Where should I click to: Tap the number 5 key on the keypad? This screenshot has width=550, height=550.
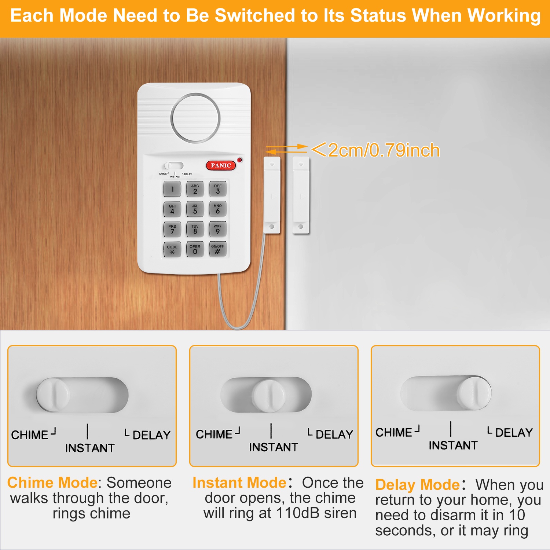(195, 209)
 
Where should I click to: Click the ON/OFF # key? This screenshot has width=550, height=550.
(218, 249)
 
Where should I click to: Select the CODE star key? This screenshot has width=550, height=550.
(172, 250)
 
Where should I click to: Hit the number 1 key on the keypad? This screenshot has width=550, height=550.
(172, 189)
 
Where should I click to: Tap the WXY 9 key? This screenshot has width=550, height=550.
(218, 229)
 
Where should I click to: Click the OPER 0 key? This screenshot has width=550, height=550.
(195, 249)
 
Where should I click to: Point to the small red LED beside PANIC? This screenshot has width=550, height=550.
(240, 160)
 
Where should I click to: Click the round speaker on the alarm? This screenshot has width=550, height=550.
(195, 118)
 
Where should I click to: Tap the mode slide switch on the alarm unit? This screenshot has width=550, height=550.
(174, 166)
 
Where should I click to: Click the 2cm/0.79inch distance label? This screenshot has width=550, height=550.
(375, 150)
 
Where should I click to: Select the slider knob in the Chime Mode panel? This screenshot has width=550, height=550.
(53, 395)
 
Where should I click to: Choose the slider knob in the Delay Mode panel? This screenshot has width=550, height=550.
(474, 393)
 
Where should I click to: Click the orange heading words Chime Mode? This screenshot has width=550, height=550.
(52, 483)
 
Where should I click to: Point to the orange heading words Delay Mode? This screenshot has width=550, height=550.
(418, 485)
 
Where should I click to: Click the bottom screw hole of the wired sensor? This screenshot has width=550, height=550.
(272, 227)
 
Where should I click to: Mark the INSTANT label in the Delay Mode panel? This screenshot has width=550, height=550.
(453, 445)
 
